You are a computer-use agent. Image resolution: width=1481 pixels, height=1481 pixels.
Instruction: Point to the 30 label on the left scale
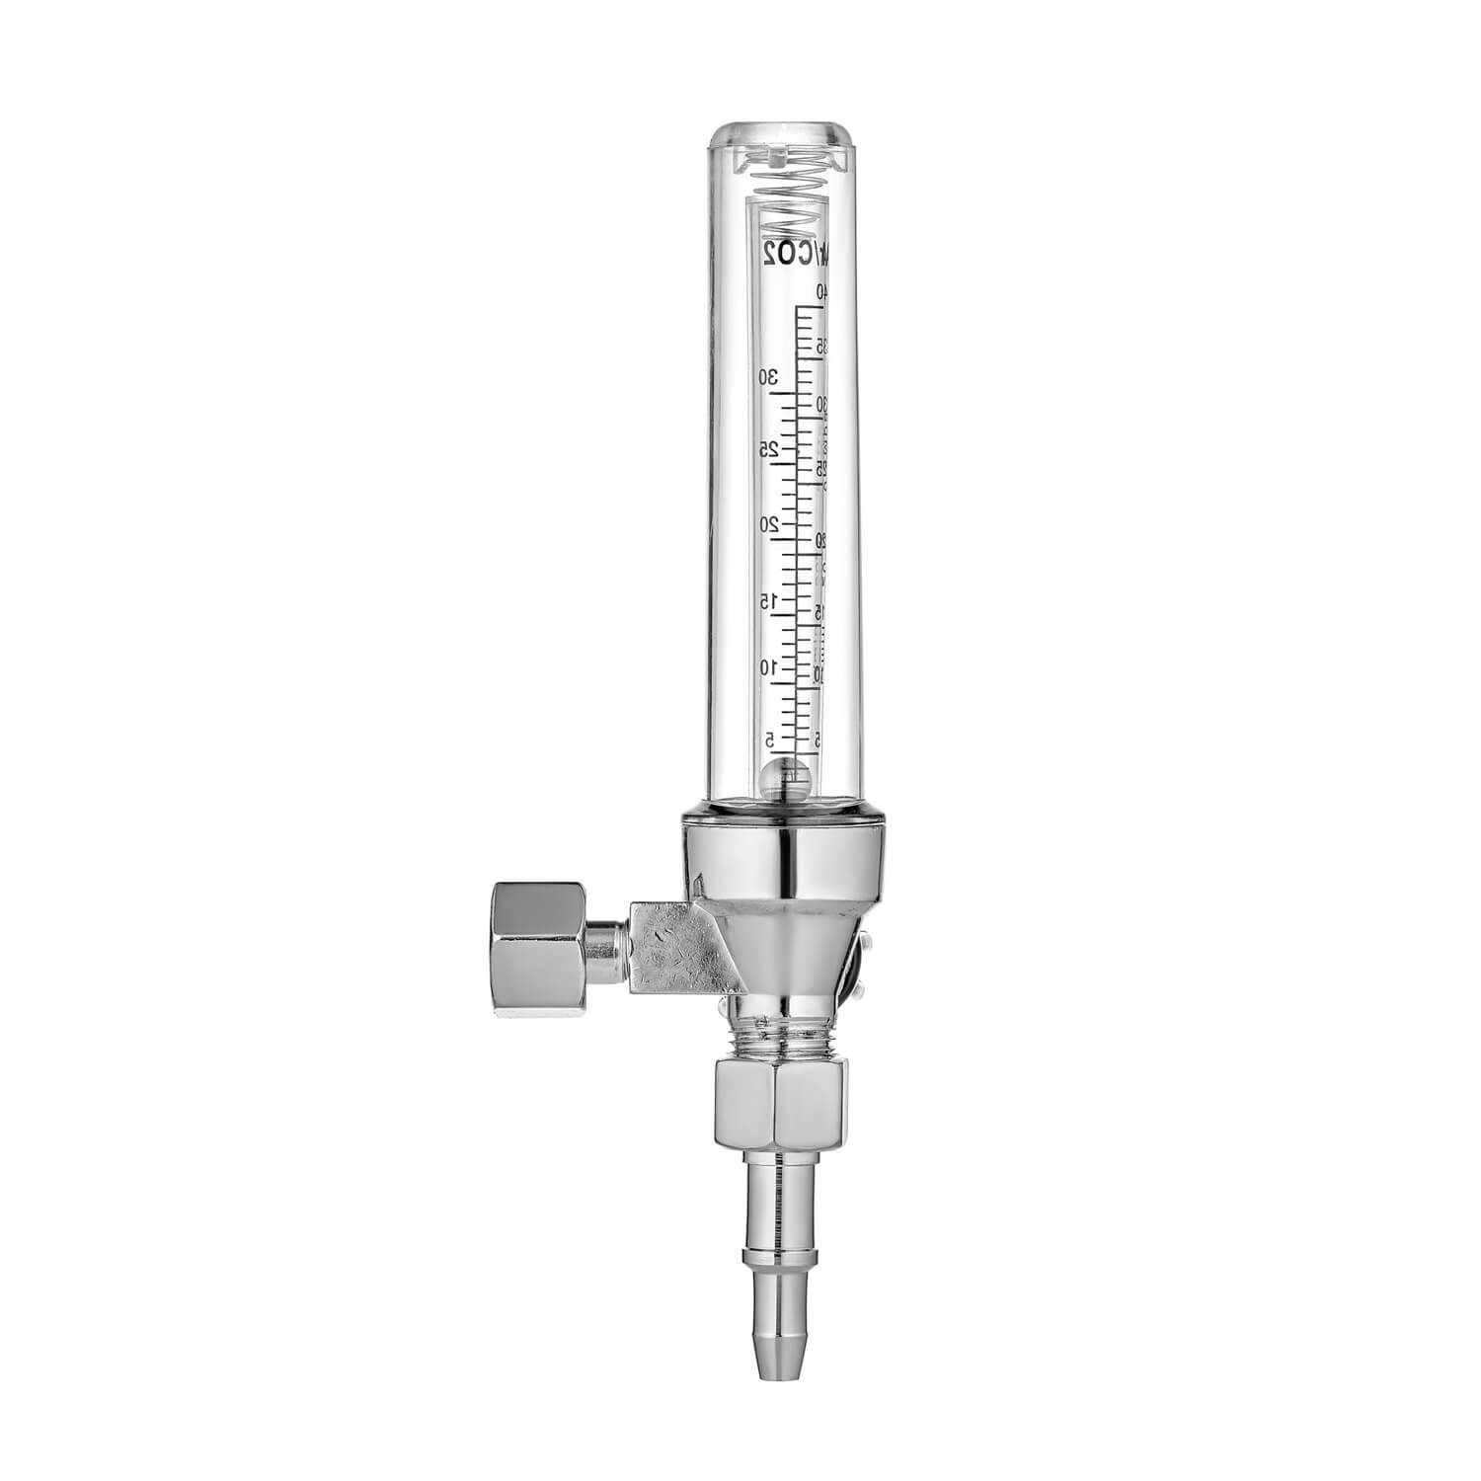coord(769,376)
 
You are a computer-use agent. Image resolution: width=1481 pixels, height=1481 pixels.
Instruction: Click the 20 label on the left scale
coord(769,523)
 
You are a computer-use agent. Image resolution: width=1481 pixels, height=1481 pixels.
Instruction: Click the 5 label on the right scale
coord(819,739)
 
